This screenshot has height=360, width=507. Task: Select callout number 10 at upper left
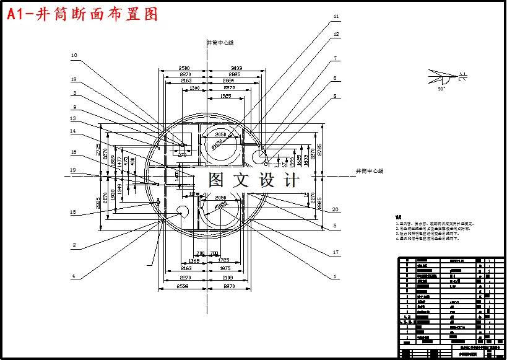[74, 55]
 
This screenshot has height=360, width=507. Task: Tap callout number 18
[74, 80]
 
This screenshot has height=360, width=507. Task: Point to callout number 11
[336, 17]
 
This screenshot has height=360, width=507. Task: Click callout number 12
[336, 34]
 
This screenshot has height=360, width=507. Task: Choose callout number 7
[335, 58]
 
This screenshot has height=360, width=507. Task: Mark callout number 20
[336, 209]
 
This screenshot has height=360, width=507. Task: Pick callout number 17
[335, 252]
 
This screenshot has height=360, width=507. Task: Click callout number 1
[335, 276]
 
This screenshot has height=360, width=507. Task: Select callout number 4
[74, 276]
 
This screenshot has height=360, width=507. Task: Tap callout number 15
[74, 213]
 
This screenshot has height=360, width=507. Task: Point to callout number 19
[74, 170]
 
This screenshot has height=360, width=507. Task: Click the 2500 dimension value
[184, 68]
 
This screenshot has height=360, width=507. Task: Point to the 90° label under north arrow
[441, 89]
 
